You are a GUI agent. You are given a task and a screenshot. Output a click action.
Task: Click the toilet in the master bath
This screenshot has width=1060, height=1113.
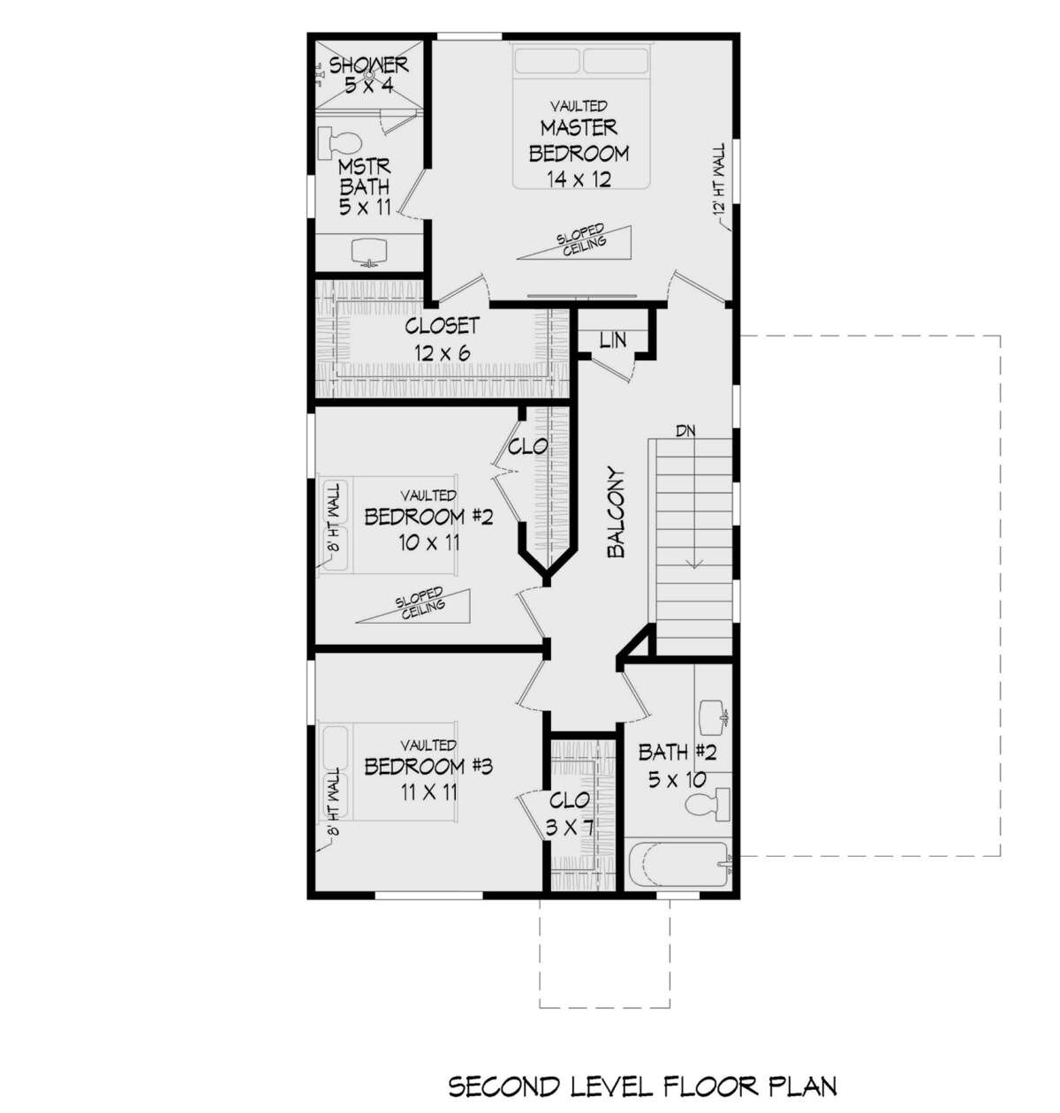pyautogui.click(x=339, y=143)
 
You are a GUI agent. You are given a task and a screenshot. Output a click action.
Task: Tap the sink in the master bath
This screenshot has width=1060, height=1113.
pyautogui.click(x=368, y=251)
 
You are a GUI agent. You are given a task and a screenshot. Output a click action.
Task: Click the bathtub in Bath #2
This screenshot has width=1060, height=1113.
pyautogui.click(x=679, y=867)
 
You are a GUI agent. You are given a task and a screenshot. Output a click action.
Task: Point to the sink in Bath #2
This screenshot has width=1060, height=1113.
pyautogui.click(x=714, y=716)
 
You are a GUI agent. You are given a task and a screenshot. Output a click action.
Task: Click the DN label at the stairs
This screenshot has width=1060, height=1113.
pyautogui.click(x=685, y=431)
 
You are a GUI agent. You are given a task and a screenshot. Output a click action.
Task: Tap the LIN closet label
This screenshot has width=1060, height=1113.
pyautogui.click(x=613, y=340)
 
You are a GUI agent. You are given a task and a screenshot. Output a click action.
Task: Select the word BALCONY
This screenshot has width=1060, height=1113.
pyautogui.click(x=616, y=512)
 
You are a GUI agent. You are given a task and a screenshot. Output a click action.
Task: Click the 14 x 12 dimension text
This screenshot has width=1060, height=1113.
pyautogui.click(x=579, y=179)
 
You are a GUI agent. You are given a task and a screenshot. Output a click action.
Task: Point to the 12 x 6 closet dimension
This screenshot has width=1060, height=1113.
pyautogui.click(x=442, y=353)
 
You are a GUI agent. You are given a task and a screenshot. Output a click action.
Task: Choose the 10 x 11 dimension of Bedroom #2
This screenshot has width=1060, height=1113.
pyautogui.click(x=428, y=543)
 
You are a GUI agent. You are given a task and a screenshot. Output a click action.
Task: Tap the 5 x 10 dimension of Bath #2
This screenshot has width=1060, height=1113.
pyautogui.click(x=678, y=780)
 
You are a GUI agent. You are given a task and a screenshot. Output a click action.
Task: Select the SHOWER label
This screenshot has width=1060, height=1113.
pyautogui.click(x=368, y=65)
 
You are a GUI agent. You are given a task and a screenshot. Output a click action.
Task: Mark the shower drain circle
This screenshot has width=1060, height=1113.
pyautogui.click(x=369, y=73)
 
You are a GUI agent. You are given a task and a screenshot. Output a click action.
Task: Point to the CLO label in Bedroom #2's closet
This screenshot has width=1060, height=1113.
pyautogui.click(x=527, y=447)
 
